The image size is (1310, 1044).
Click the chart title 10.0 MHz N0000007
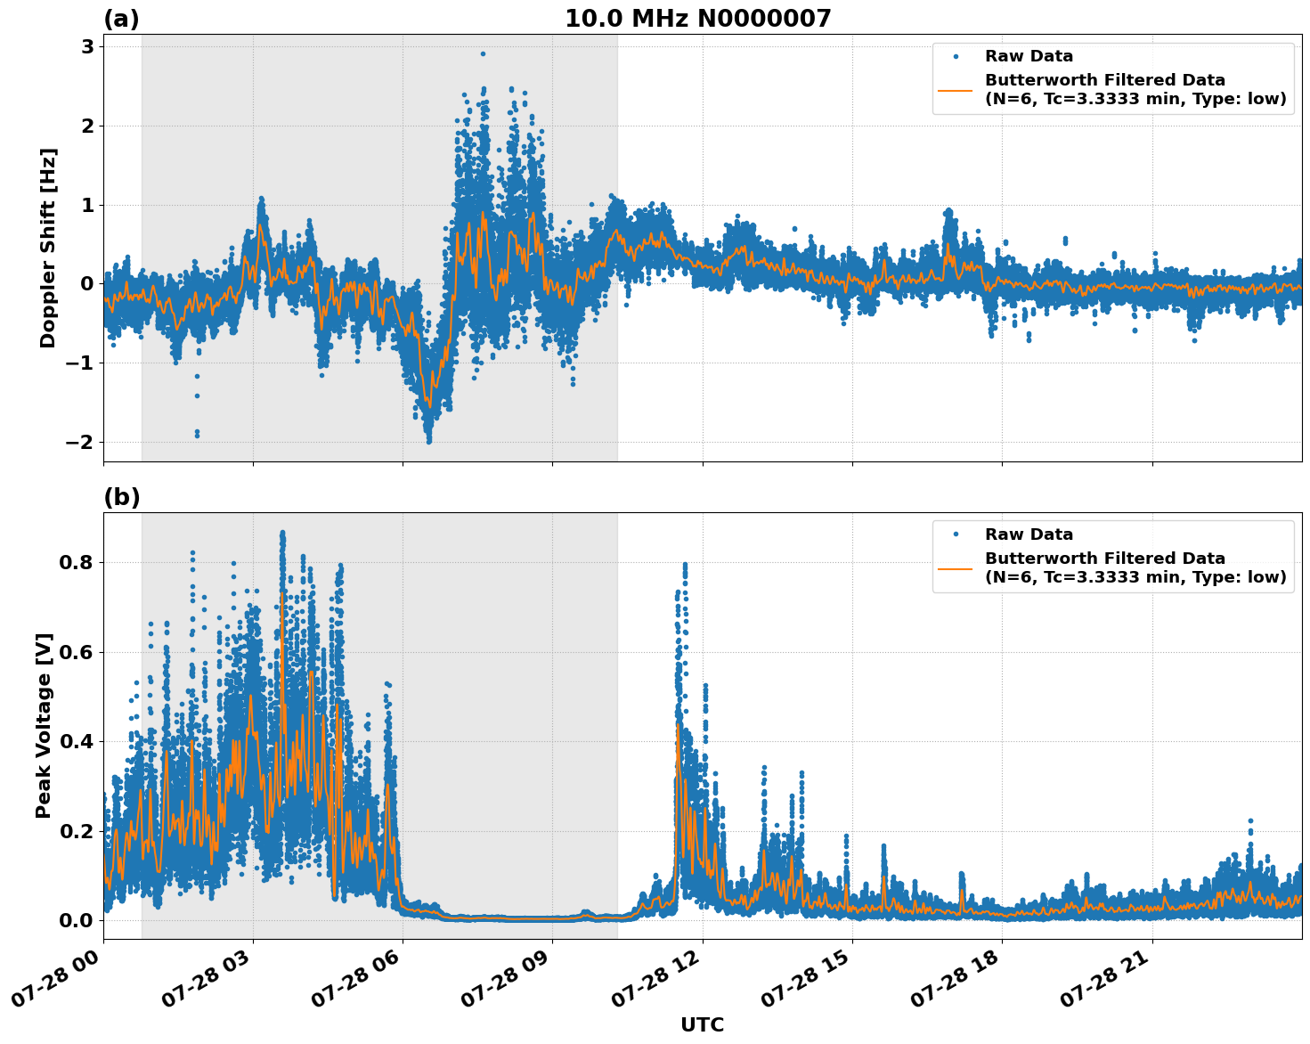pos(697,19)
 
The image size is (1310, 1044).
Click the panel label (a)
pos(121,19)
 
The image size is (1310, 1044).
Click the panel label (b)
pos(121,497)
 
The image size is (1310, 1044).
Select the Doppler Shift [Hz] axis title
pos(48,248)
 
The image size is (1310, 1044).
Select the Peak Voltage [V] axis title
pos(44,725)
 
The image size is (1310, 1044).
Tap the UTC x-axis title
pos(702,1024)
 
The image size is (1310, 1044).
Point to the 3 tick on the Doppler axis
pos(87,46)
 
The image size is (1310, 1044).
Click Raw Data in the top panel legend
pos(1029,56)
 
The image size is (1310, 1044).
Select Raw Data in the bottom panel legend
pos(1029,534)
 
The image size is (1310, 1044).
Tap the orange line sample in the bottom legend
pos(955,567)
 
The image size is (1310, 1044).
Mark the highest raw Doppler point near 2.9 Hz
pos(483,53)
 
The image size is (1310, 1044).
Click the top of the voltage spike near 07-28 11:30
pos(685,565)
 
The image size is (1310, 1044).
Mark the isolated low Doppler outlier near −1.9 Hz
pos(197,435)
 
